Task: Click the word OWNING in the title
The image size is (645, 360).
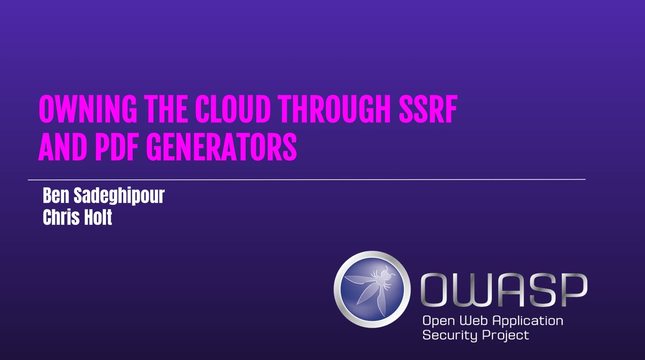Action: (88, 109)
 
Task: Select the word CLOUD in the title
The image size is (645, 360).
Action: (232, 109)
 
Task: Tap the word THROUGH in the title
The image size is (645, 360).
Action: (335, 109)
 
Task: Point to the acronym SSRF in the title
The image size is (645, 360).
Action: (428, 109)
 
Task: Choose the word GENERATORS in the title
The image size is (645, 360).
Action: (222, 147)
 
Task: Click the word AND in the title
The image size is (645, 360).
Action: (63, 147)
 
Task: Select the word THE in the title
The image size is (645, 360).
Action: (166, 109)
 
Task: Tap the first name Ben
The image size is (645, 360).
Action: (56, 196)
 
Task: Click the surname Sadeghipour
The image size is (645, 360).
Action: (119, 196)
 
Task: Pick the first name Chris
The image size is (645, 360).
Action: (61, 218)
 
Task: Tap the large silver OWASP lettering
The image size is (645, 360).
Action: (504, 290)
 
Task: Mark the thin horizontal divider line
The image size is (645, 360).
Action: (307, 180)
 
